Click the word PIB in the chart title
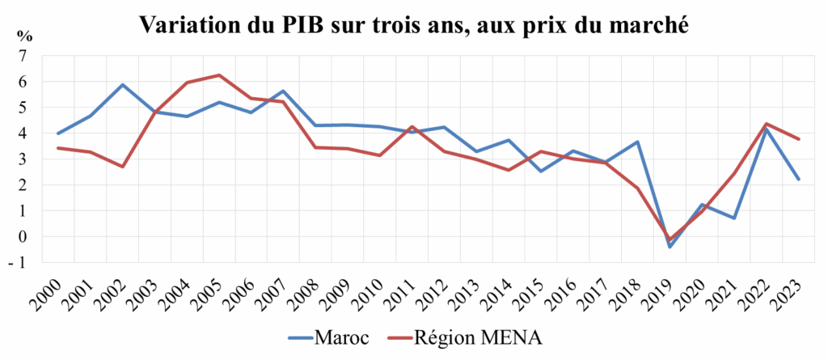(x=306, y=25)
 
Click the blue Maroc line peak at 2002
(x=122, y=85)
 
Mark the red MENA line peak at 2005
(x=218, y=75)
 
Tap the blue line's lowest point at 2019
(x=669, y=247)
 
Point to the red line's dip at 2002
(x=122, y=167)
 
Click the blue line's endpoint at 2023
(x=798, y=180)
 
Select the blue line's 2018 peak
(x=637, y=142)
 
